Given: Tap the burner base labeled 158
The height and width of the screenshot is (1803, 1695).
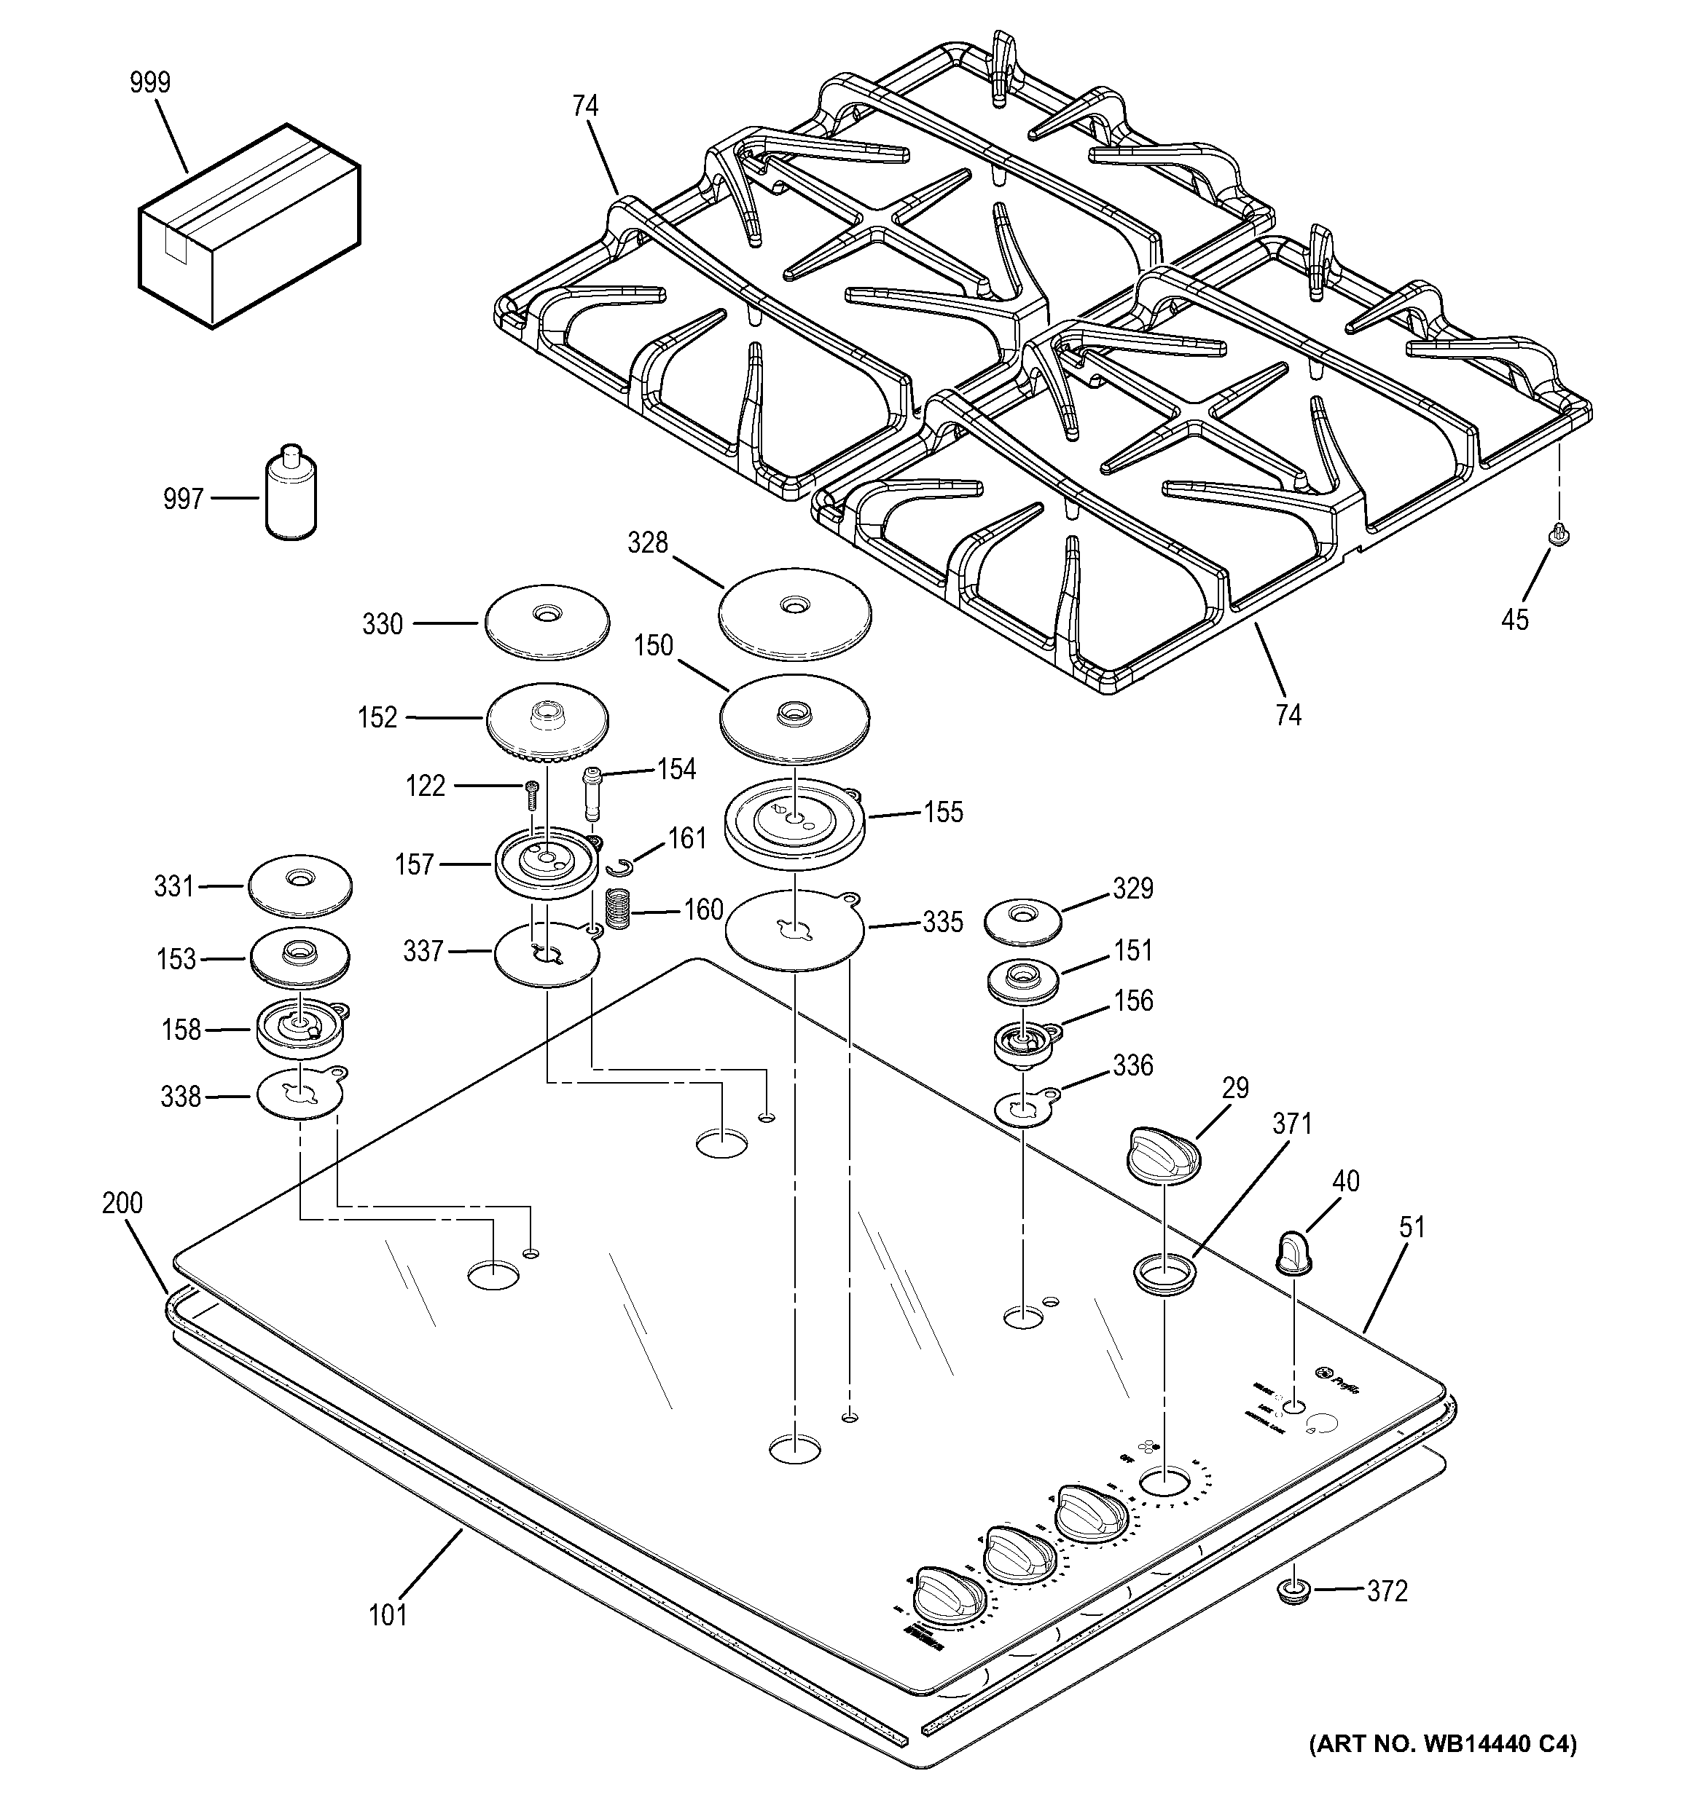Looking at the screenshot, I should click(x=301, y=1028).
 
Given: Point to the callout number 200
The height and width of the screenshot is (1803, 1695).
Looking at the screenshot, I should click(x=122, y=1204).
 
